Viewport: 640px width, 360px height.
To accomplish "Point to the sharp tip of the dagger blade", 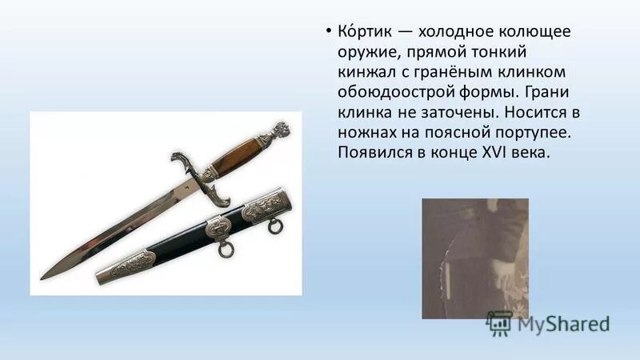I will [x=45, y=276].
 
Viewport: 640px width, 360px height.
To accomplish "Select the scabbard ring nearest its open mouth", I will [x=274, y=227].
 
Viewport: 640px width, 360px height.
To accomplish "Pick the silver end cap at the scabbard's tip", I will [x=128, y=266].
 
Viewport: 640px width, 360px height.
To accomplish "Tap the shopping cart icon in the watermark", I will [x=499, y=322].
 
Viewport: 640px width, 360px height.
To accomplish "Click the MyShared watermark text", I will [x=563, y=323].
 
